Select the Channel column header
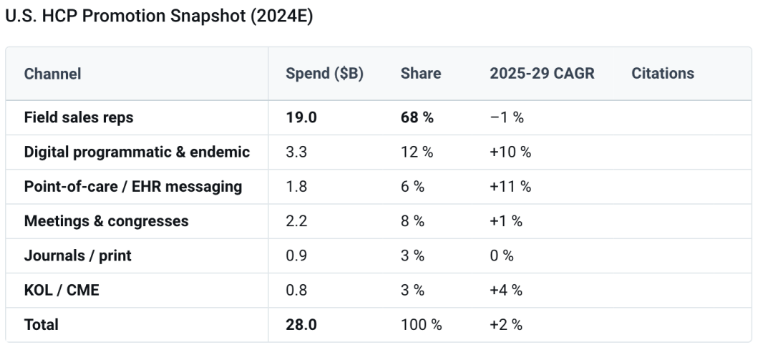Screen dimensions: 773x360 [52, 74]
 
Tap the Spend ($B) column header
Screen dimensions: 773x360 [324, 74]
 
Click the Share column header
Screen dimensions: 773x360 [421, 74]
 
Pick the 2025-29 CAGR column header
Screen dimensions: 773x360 [542, 74]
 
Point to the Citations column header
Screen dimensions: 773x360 [663, 74]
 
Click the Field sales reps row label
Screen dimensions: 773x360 [79, 117]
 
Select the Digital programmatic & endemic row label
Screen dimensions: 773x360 [137, 152]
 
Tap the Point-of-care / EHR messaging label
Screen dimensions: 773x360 [133, 186]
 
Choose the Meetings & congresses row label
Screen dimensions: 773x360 [106, 221]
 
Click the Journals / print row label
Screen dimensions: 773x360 [77, 256]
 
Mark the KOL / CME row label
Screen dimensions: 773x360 [62, 290]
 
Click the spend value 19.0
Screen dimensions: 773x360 [301, 117]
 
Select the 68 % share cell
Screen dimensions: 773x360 [417, 117]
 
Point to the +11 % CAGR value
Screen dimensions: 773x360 [510, 186]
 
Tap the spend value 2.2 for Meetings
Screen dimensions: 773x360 [296, 221]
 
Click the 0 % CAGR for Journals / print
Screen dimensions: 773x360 [501, 256]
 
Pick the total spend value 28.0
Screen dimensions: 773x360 [301, 324]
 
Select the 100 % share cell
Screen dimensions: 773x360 [421, 324]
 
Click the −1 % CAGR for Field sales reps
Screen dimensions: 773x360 [506, 117]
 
